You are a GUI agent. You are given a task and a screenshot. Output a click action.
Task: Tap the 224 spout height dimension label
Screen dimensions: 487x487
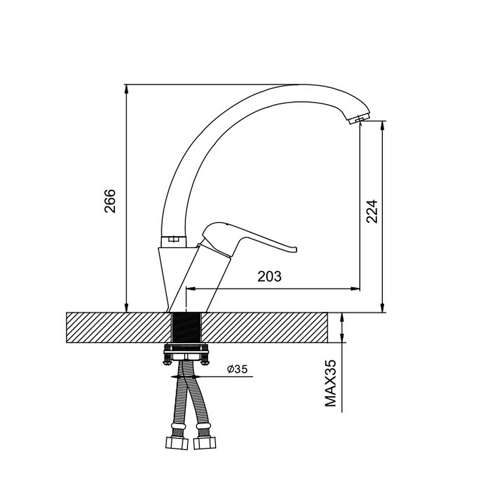coord(372,211)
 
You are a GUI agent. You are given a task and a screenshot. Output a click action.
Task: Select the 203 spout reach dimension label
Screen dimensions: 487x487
coord(269,276)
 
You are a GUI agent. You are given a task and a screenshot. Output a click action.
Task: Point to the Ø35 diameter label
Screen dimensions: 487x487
coord(237,369)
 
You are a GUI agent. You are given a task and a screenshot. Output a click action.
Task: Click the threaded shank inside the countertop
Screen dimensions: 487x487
coord(187,328)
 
